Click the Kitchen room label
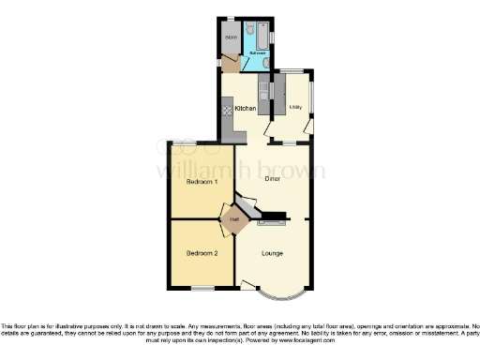pos(246,109)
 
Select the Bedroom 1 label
pos(201,180)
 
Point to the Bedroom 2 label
pos(201,253)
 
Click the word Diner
pos(273,177)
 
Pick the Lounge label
pos(271,253)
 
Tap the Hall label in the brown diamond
pos(232,221)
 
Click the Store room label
pos(231,37)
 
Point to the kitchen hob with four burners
pos(226,111)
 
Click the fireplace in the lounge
pos(271,223)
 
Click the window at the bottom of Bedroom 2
pos(202,287)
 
